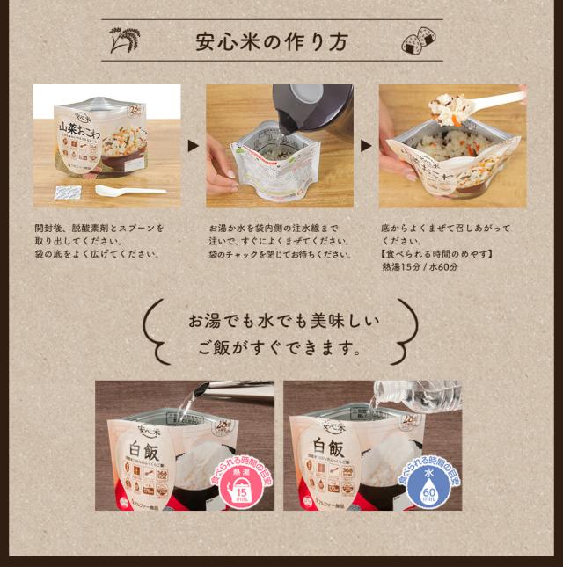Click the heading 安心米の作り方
[x=272, y=41]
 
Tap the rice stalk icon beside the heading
[x=124, y=40]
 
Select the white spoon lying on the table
[x=128, y=191]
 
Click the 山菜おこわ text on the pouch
[x=80, y=131]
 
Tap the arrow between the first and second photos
[x=194, y=146]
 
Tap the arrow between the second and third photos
[x=366, y=146]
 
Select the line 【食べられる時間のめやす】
[x=436, y=254]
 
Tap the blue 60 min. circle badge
[x=428, y=487]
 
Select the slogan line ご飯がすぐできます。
[x=281, y=349]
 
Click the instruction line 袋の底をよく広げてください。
[x=98, y=254]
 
